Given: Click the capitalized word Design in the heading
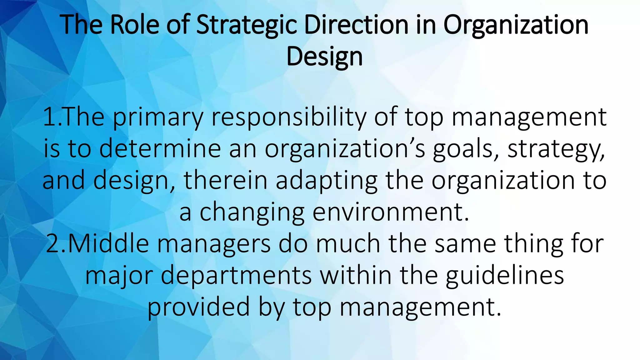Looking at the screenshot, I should tap(324, 57).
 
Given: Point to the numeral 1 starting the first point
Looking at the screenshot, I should tap(49, 117).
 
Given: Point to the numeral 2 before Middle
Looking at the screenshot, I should tap(52, 244).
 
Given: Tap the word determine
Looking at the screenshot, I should tap(160, 149).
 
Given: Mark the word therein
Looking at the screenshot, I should tap(225, 181).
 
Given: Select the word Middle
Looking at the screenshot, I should tap(108, 244).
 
